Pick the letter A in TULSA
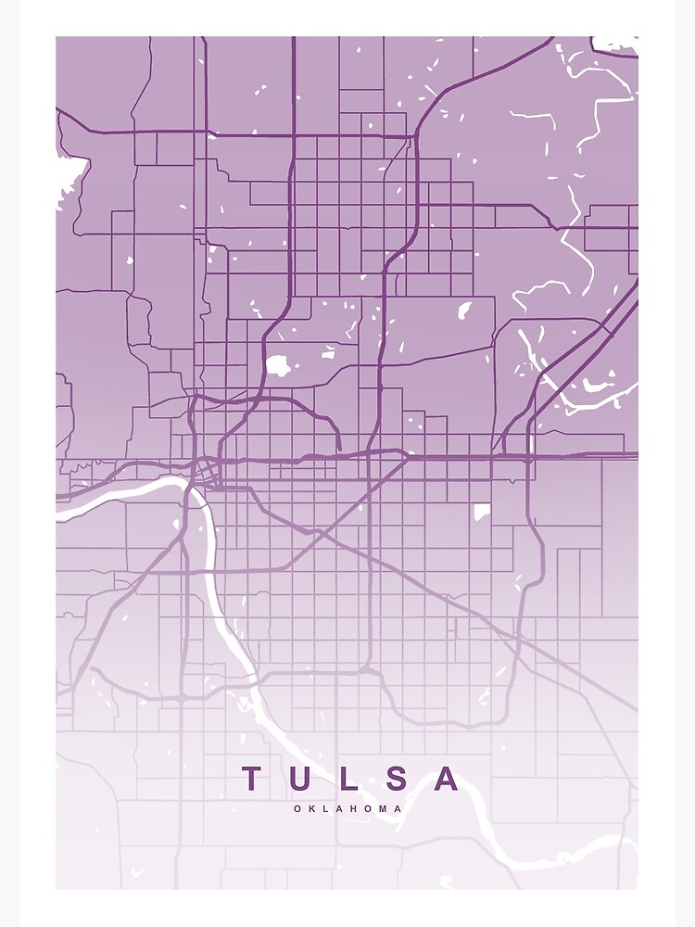[x=447, y=779]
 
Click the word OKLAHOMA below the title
[x=348, y=808]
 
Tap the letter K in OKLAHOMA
[x=312, y=808]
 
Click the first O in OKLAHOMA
[x=298, y=808]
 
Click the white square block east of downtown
[x=482, y=512]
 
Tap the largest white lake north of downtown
[x=277, y=365]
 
